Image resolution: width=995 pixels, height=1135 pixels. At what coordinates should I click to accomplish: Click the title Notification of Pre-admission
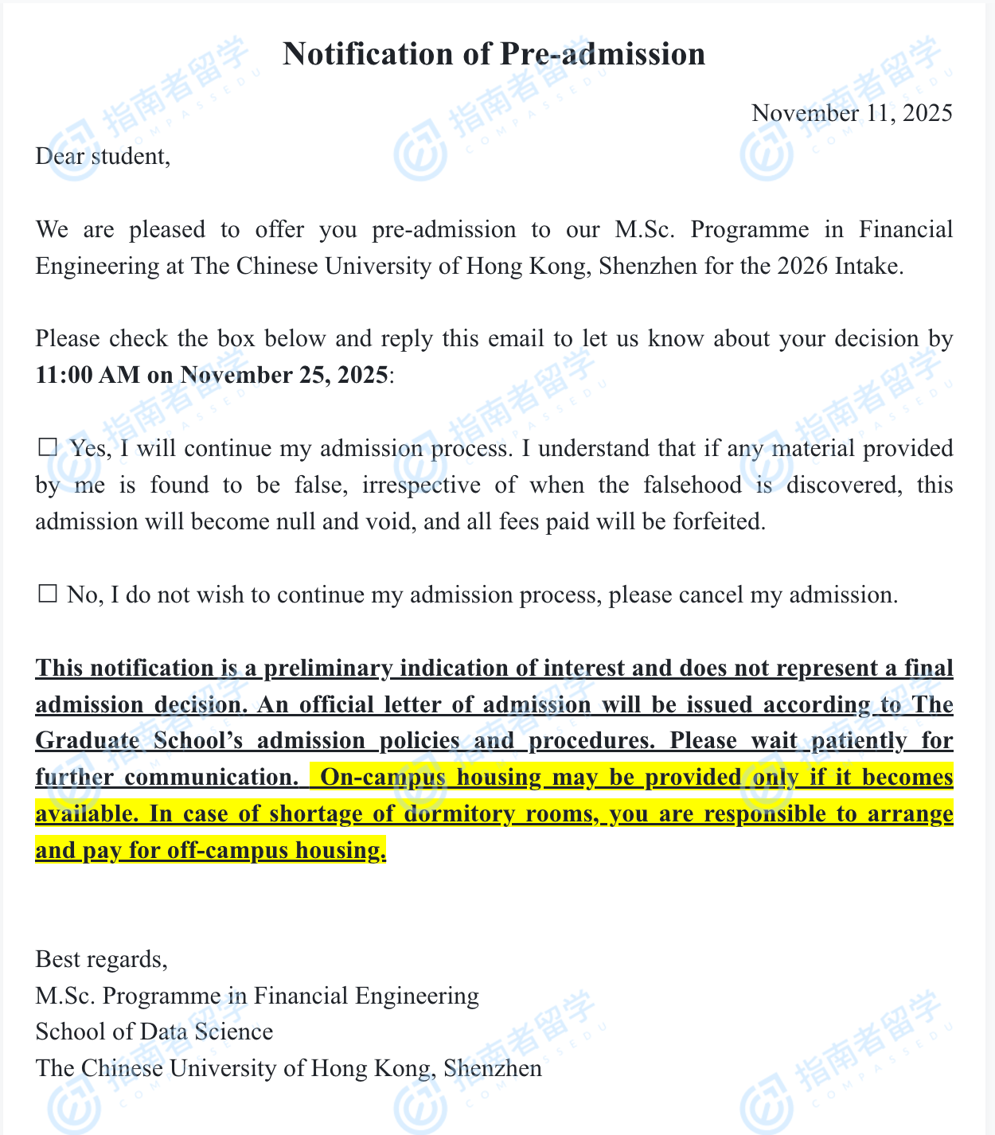pos(494,54)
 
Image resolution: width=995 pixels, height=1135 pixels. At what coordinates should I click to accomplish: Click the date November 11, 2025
pos(852,113)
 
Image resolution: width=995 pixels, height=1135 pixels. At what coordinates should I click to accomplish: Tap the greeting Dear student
pos(103,156)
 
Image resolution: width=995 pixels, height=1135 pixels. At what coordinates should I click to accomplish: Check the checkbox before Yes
pos(48,447)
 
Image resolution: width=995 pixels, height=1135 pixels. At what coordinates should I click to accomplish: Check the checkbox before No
pos(48,594)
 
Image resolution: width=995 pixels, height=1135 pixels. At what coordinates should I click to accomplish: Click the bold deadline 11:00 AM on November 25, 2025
pos(212,375)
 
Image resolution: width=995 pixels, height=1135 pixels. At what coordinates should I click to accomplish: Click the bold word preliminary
pos(328,669)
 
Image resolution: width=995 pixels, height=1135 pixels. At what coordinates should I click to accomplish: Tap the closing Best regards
pos(101,959)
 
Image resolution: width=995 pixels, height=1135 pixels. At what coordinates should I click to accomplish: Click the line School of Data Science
pos(154,1032)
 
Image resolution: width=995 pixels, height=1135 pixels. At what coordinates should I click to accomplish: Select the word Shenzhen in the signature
pos(493,1068)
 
